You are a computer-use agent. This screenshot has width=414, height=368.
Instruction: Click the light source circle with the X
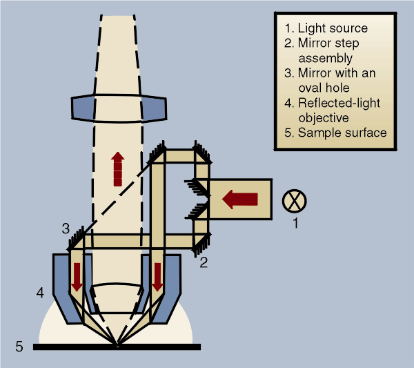[295, 201]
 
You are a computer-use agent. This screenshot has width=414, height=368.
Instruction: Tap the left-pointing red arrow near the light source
[239, 200]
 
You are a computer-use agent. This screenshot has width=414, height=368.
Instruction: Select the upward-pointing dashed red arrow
[118, 169]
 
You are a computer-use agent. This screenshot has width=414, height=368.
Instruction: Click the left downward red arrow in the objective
[77, 277]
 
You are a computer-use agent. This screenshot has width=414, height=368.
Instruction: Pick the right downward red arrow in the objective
[157, 277]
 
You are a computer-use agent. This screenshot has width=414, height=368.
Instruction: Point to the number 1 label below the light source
[296, 223]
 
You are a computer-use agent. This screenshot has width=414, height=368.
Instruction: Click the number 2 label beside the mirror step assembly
[204, 262]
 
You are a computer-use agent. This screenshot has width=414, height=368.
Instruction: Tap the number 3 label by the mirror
[66, 229]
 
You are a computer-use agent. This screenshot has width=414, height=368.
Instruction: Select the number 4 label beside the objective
[40, 293]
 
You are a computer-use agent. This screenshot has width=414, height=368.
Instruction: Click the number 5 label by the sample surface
[19, 347]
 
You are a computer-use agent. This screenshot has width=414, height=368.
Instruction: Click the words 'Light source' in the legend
[333, 28]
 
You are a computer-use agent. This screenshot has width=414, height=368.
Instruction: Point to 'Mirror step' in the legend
[328, 43]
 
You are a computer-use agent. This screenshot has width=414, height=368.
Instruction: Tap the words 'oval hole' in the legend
[324, 88]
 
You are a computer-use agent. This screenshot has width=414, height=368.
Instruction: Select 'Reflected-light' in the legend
[339, 103]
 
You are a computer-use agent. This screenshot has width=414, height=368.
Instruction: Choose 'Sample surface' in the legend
[342, 133]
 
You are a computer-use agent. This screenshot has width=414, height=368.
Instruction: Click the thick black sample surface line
[117, 347]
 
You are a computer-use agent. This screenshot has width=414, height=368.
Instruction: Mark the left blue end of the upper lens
[83, 108]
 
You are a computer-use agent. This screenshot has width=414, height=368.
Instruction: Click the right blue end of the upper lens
[154, 108]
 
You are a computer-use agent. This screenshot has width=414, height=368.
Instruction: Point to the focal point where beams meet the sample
[117, 345]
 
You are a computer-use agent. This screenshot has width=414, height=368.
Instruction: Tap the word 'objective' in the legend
[324, 118]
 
